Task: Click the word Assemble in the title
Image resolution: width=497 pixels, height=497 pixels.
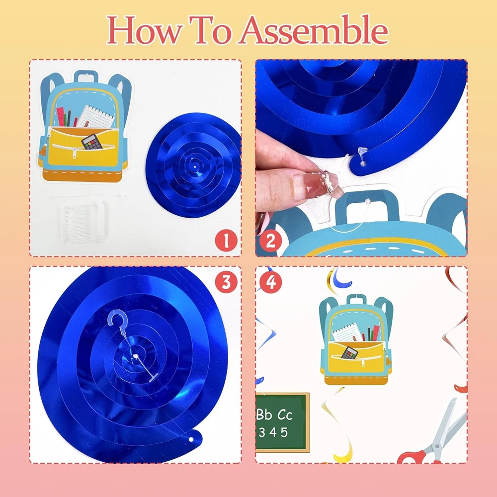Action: (314, 30)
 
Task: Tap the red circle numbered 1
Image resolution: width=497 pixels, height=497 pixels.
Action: (226, 241)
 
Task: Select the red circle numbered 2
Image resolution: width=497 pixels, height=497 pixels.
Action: (271, 241)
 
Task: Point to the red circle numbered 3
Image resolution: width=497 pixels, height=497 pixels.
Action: (226, 282)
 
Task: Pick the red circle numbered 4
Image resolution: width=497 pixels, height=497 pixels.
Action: (271, 282)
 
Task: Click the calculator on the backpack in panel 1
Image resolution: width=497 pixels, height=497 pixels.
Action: (92, 142)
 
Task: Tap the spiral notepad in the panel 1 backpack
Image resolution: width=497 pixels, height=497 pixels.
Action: (96, 116)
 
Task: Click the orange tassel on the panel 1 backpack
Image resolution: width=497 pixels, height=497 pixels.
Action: (43, 149)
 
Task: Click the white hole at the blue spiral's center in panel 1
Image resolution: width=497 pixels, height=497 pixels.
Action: (194, 166)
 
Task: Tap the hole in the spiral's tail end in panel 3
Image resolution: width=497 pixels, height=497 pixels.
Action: (191, 439)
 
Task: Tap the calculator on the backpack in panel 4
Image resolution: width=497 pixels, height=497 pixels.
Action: (349, 353)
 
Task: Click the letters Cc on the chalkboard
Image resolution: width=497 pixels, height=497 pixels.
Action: (285, 414)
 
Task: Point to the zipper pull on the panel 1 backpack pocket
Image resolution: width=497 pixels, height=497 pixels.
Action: (75, 153)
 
